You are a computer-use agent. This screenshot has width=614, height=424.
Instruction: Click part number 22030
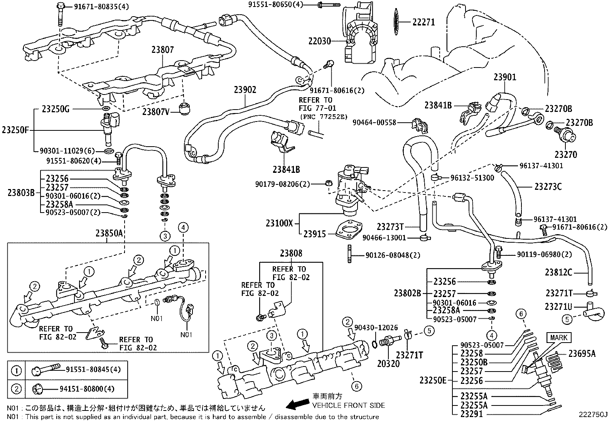(x=319, y=41)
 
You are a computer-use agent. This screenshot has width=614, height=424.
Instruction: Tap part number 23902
(x=245, y=90)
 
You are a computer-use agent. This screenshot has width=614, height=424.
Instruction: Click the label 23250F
(x=15, y=130)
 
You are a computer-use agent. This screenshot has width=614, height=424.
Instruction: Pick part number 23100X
(x=279, y=223)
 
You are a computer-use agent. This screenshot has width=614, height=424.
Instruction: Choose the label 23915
(x=314, y=234)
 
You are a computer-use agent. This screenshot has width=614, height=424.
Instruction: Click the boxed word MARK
(x=559, y=338)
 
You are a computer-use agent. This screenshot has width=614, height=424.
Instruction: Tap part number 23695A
(x=582, y=353)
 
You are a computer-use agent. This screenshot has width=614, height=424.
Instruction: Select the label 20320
(x=388, y=363)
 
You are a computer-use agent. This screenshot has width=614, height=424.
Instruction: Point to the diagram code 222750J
(x=592, y=415)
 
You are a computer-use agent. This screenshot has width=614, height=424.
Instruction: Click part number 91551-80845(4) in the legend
(x=90, y=370)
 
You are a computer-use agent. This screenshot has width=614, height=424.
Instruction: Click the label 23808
(x=291, y=253)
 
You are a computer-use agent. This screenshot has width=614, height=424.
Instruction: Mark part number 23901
(x=504, y=77)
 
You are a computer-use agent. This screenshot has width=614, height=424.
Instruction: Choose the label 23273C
(x=548, y=187)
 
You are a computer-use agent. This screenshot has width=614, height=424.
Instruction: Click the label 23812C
(x=558, y=272)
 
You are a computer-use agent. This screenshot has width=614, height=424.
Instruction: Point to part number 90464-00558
(x=374, y=123)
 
